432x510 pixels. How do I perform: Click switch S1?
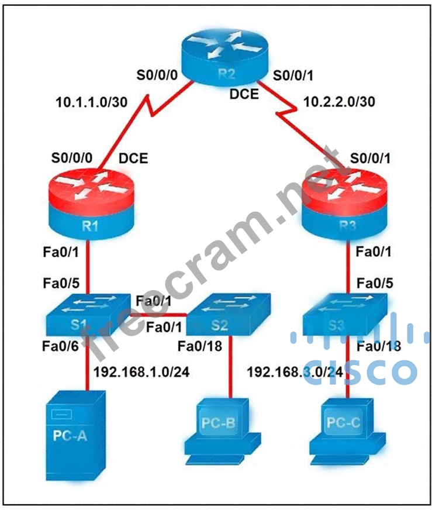(88, 313)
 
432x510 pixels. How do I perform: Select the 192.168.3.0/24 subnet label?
(286, 371)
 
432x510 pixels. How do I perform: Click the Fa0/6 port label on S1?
(59, 346)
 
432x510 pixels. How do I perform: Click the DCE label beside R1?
(133, 158)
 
